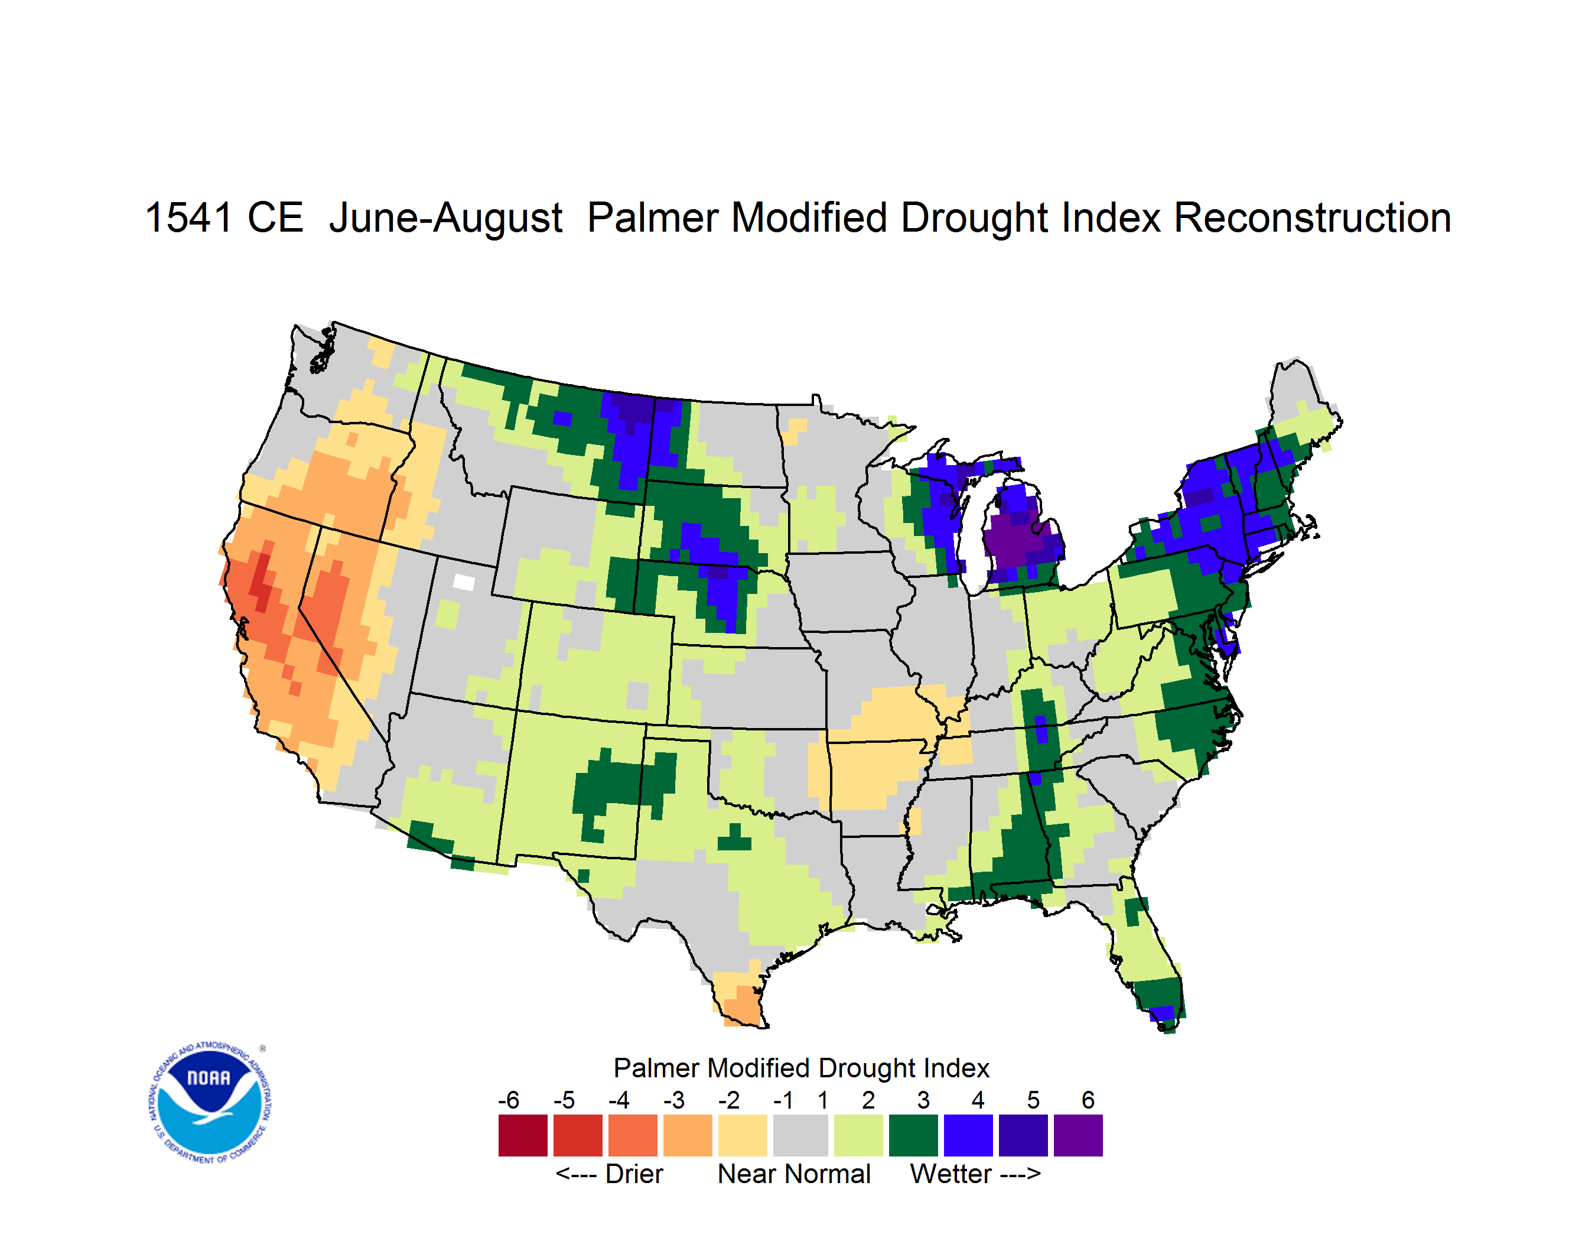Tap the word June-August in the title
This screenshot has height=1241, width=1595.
tap(445, 219)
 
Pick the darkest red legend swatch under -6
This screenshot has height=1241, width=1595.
tap(523, 1135)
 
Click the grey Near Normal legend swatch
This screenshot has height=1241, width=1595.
tap(800, 1135)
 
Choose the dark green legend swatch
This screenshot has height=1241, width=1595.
tap(913, 1135)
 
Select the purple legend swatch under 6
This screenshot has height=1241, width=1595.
tap(1078, 1135)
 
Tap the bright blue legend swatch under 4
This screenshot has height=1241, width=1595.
tap(968, 1135)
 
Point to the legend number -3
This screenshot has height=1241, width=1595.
tap(673, 1100)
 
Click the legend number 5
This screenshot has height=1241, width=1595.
tap(1033, 1100)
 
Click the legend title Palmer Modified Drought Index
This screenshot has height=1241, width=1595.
tap(801, 1068)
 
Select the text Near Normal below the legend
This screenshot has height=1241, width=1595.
tap(794, 1174)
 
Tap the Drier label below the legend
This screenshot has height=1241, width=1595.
tap(634, 1174)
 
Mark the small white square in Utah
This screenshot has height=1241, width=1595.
tap(464, 582)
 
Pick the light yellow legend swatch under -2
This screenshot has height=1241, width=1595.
tap(743, 1135)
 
